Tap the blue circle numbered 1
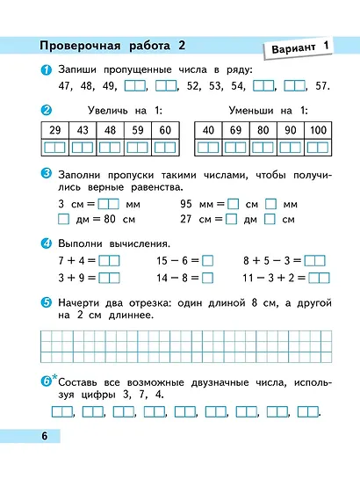pos(46,70)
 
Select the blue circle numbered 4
pos(46,243)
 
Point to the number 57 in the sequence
pos(320,86)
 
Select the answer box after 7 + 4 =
pos(109,260)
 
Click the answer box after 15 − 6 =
pos(208,260)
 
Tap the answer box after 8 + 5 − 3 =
pos(314,260)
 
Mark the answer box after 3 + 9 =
pos(109,278)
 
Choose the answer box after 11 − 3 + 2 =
pos(320,278)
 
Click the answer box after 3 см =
pos(97,204)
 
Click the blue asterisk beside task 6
pos(54,378)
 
